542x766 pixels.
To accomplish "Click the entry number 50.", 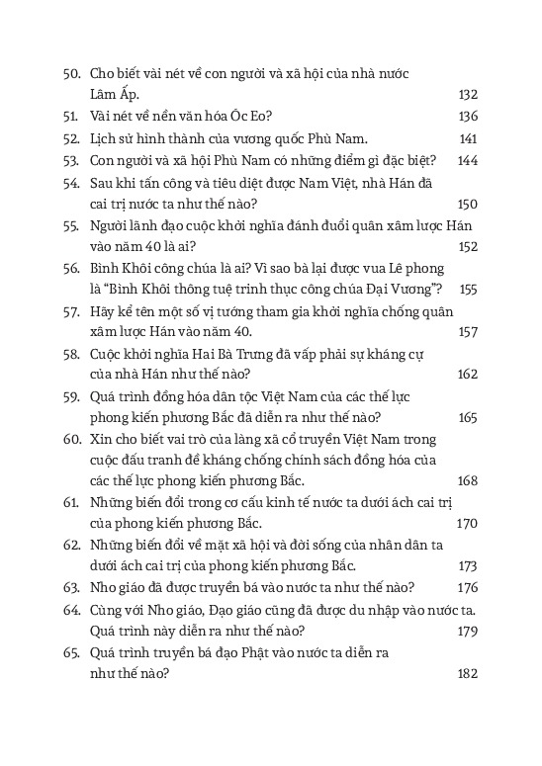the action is click(x=71, y=74).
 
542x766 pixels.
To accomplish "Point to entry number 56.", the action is click(x=71, y=268).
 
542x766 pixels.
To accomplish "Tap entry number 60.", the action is click(x=71, y=439).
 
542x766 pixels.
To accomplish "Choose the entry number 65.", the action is click(x=71, y=652).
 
